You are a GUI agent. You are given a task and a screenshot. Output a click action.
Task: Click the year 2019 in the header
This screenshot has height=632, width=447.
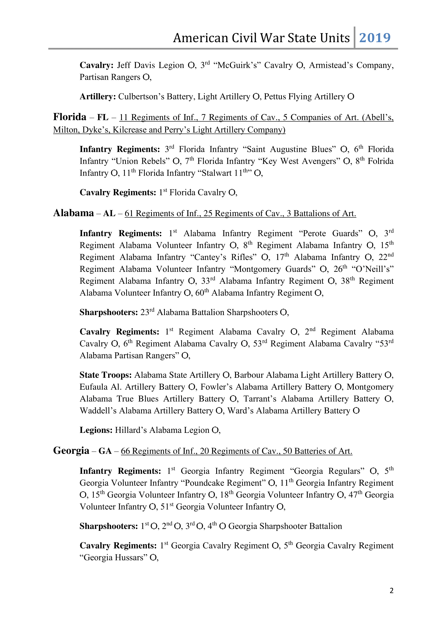375,38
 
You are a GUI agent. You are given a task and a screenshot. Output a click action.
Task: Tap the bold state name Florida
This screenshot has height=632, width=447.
70,117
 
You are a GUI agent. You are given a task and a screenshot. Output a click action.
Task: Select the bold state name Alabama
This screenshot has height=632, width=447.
74,213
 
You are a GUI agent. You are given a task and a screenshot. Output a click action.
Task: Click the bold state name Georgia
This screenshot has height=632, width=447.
71,451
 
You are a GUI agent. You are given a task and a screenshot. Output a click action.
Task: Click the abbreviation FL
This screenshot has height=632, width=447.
103,118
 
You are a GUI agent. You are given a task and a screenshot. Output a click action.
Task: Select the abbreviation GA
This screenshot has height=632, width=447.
105,451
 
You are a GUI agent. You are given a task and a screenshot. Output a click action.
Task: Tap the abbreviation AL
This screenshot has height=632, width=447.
109,214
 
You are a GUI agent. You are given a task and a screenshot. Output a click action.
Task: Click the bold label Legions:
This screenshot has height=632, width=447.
96,430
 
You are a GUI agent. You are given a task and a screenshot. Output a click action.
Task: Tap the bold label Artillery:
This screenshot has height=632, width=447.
98,97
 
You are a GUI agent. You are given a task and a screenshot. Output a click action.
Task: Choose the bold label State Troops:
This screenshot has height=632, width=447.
105,375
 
